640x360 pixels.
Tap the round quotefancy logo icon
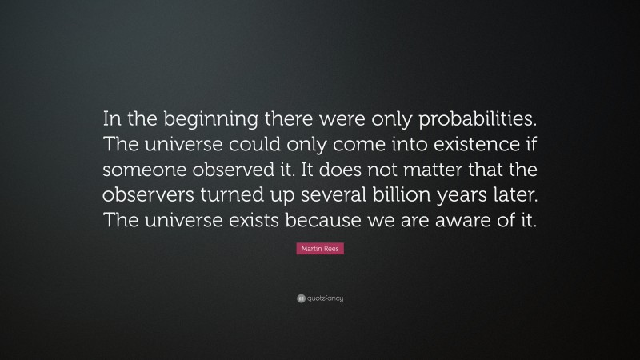click(x=301, y=298)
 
